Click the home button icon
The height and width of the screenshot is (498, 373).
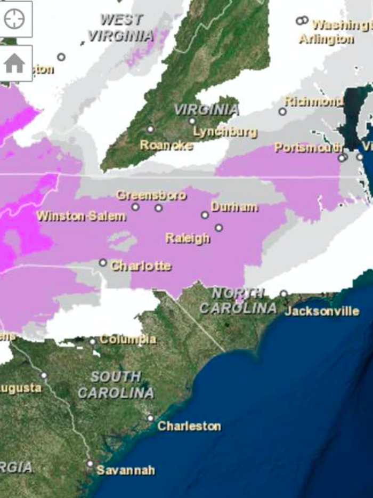[14, 64]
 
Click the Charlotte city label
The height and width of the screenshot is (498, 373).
[141, 266]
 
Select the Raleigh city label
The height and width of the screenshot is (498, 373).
[187, 238]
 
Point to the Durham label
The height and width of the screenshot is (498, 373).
[234, 207]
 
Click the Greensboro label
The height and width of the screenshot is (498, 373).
[151, 195]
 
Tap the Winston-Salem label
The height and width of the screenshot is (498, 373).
[81, 216]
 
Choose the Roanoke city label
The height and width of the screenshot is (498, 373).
[166, 145]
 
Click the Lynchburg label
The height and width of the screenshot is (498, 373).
[225, 132]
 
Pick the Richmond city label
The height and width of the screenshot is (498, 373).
[313, 101]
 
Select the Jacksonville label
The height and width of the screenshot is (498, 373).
[322, 311]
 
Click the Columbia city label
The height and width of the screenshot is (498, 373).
[128, 339]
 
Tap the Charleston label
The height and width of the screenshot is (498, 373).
[189, 426]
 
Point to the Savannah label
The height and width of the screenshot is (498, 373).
[126, 470]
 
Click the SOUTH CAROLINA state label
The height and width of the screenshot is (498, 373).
[116, 385]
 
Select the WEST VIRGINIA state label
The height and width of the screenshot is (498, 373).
[121, 28]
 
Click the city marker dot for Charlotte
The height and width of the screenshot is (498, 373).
[103, 263]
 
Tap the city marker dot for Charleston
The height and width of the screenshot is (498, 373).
[151, 419]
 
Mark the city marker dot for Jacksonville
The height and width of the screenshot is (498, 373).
[283, 294]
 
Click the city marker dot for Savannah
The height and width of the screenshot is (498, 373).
[90, 464]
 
